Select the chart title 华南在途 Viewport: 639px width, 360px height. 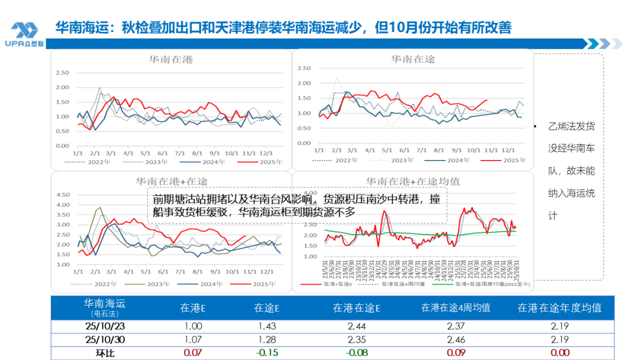(x=413, y=59)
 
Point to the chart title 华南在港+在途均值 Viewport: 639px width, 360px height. (x=413, y=181)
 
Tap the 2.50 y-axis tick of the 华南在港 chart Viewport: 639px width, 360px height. (x=62, y=73)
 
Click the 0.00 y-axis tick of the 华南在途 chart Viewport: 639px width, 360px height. (x=304, y=143)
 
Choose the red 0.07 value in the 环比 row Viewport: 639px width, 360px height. (x=193, y=353)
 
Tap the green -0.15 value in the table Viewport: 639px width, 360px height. (x=267, y=353)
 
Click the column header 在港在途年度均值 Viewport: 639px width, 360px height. (x=559, y=308)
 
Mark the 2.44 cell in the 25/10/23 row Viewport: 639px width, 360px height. (x=356, y=326)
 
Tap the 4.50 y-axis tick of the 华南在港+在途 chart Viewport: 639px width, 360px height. (x=62, y=195)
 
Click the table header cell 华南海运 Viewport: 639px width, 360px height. (x=104, y=304)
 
